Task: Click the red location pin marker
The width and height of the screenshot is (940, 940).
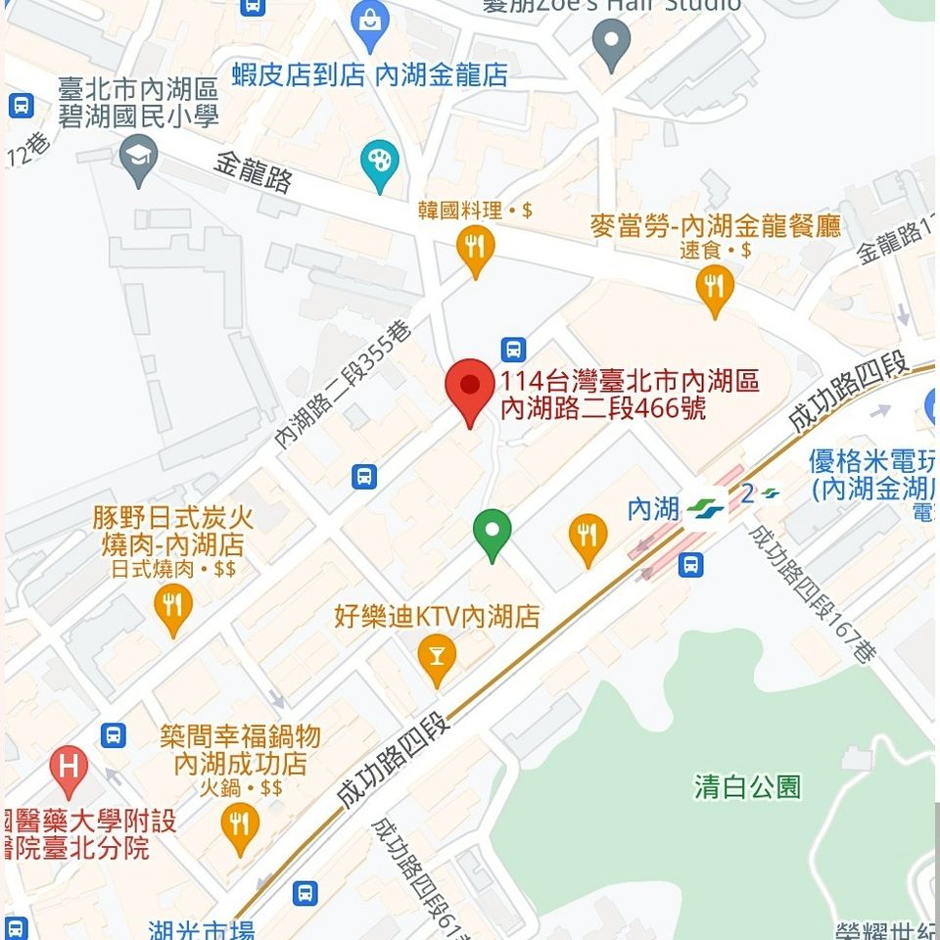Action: point(469,387)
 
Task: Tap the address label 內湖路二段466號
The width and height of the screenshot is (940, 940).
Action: point(630,395)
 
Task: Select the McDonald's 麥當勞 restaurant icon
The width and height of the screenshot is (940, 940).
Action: point(714,287)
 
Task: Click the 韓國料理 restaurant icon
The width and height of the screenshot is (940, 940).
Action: point(476,246)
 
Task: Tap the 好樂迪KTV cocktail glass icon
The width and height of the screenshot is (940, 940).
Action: point(437,657)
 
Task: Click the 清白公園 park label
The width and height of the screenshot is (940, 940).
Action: point(748,786)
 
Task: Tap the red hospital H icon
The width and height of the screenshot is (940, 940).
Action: point(69,767)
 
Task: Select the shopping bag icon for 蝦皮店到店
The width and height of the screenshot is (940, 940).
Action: point(370,25)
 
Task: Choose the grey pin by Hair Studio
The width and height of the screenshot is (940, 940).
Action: point(612,43)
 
